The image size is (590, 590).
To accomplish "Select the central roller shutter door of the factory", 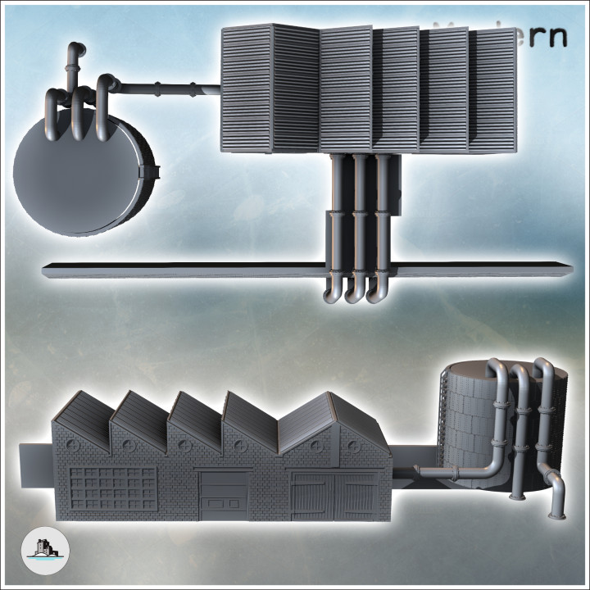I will click(x=222, y=495).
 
